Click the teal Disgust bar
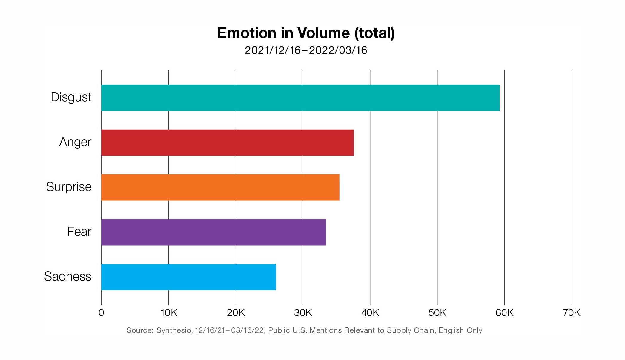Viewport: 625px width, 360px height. point(300,98)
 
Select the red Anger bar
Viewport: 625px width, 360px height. point(227,143)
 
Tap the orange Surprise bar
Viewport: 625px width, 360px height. point(220,187)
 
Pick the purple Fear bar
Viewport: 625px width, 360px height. point(214,232)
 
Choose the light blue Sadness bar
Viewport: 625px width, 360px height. point(188,277)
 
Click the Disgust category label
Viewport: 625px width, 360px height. point(71,97)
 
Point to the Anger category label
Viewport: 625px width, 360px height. point(75,142)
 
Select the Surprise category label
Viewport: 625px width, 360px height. point(69,187)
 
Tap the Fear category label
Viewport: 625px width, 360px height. point(79,232)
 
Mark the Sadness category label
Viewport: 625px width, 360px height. point(67,277)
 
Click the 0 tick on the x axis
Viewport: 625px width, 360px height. point(101,313)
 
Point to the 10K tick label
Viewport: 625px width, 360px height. point(169,313)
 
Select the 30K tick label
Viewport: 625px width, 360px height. point(303,313)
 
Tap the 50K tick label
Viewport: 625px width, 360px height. point(437,313)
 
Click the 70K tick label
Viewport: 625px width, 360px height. point(572,313)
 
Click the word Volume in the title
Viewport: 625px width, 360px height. point(323,33)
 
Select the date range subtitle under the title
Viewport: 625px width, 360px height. point(306,50)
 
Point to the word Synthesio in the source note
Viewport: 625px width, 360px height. point(174,330)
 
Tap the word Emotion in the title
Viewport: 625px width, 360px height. point(247,33)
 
